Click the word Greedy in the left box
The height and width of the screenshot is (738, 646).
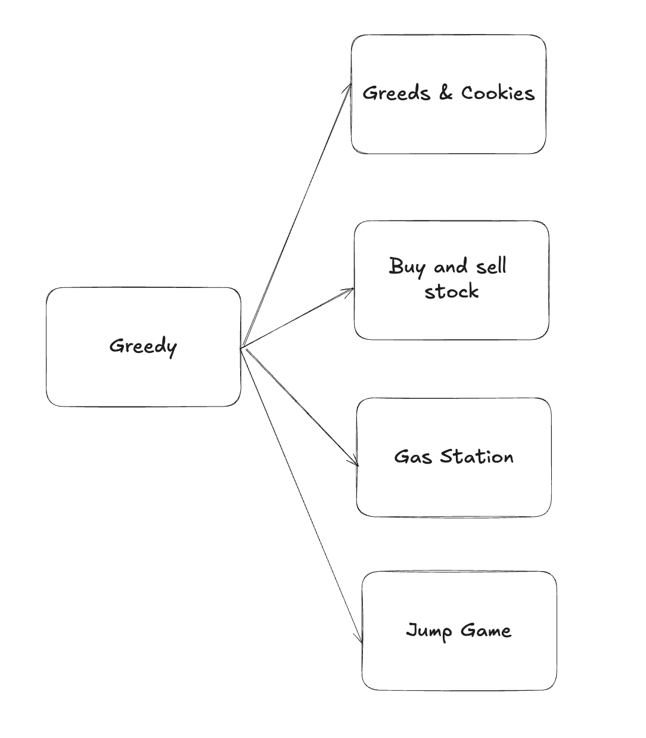pyautogui.click(x=143, y=346)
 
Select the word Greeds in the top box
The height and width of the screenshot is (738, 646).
pyautogui.click(x=396, y=93)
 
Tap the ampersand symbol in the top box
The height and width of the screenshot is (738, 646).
pyautogui.click(x=446, y=92)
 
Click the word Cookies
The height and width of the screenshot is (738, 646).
pyautogui.click(x=498, y=93)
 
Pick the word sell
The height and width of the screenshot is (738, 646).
pyautogui.click(x=491, y=265)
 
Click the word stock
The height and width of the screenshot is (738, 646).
pyautogui.click(x=452, y=292)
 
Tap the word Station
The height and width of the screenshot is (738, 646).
pyautogui.click(x=477, y=457)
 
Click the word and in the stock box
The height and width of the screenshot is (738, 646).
pyautogui.click(x=451, y=266)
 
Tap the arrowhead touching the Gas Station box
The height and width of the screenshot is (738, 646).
pyautogui.click(x=356, y=464)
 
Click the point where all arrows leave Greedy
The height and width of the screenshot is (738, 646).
pyautogui.click(x=241, y=348)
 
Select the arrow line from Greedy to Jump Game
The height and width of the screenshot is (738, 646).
pyautogui.click(x=301, y=495)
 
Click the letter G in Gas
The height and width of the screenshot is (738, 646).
pyautogui.click(x=402, y=457)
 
